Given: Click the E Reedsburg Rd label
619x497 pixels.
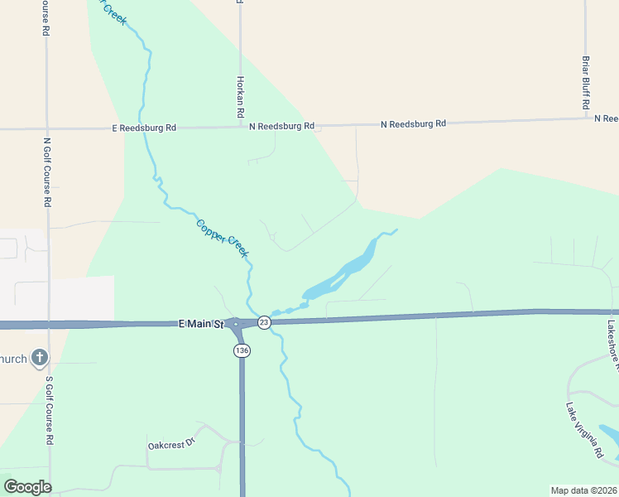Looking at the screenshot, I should (144, 128).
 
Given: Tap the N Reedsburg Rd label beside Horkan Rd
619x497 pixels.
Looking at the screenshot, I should (282, 126).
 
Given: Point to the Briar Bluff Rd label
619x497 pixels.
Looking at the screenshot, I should (585, 83).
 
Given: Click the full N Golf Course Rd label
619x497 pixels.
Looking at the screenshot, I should (47, 172).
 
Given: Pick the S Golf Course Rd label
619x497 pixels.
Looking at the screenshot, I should (49, 411).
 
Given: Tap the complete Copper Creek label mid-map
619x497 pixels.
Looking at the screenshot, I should (222, 237).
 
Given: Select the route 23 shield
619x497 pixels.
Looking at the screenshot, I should (263, 322).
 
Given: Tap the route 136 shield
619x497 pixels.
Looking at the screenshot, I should (242, 350).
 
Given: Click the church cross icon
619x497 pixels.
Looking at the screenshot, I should (39, 358).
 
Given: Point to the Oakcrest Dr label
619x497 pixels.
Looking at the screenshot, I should (170, 444).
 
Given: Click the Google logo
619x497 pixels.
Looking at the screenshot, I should (27, 487).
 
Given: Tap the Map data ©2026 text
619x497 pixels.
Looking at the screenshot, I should (584, 490).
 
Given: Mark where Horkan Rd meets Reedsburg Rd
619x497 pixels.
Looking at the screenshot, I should (241, 127).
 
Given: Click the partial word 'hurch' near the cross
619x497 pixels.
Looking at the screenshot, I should (13, 359).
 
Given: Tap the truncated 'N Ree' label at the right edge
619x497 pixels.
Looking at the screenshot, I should (606, 118).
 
